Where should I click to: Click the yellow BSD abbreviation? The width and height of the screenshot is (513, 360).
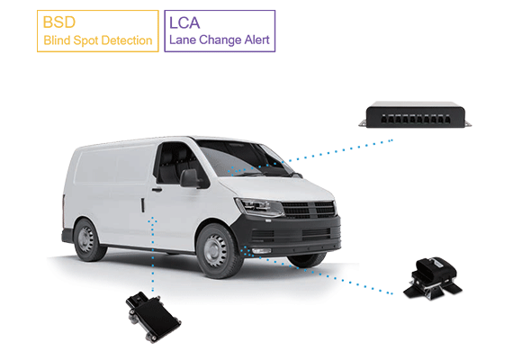click(59, 22)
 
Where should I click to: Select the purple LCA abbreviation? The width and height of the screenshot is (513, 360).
click(184, 22)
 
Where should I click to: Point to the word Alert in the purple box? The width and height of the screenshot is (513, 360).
click(256, 40)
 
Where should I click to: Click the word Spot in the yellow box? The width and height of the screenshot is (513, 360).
click(86, 41)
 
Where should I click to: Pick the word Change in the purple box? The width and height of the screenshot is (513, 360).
click(220, 40)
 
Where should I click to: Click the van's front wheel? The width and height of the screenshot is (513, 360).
click(217, 251)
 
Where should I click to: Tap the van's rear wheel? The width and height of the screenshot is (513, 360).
click(87, 239)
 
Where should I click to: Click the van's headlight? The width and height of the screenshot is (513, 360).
click(260, 207)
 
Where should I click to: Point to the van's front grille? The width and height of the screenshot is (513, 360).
click(309, 210)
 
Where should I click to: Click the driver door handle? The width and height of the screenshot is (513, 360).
click(157, 190)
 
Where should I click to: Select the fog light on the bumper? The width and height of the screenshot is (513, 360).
click(262, 251)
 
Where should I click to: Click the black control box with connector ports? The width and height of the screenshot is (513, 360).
click(415, 114)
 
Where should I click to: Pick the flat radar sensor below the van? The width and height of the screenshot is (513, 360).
click(153, 317)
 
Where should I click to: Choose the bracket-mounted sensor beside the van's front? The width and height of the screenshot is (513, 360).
click(433, 278)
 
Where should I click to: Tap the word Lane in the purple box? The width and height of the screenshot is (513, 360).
click(183, 40)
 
